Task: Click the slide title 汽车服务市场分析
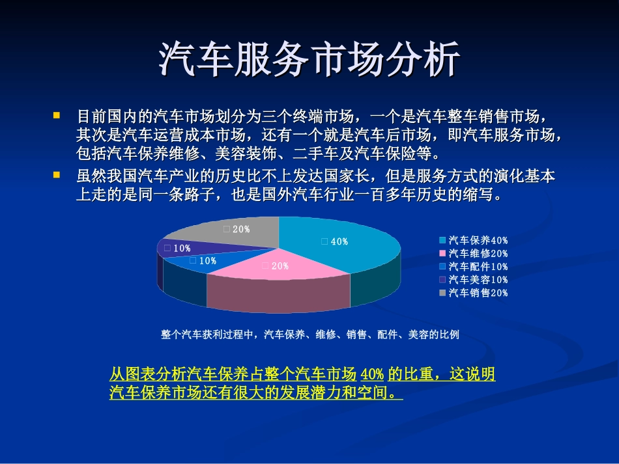(309, 61)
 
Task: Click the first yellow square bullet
(57, 115)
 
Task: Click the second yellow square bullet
(57, 174)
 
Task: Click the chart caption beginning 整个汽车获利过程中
(310, 334)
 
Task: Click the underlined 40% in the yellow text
(372, 375)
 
